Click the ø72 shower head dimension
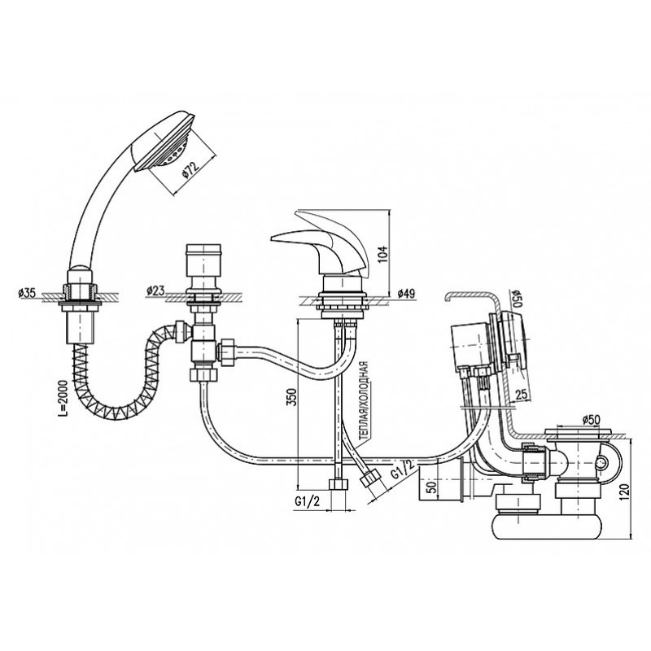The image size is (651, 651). coord(190,170)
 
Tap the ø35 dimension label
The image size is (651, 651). coord(27,293)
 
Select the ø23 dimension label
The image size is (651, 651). coord(155,291)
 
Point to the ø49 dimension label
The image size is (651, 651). coord(405,294)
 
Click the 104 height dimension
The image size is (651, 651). coord(382,254)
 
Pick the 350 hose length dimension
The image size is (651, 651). coord(292,397)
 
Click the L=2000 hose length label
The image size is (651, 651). coord(62,398)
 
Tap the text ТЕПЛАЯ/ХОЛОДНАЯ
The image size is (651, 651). coord(364,400)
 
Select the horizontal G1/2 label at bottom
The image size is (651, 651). coord(308,502)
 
